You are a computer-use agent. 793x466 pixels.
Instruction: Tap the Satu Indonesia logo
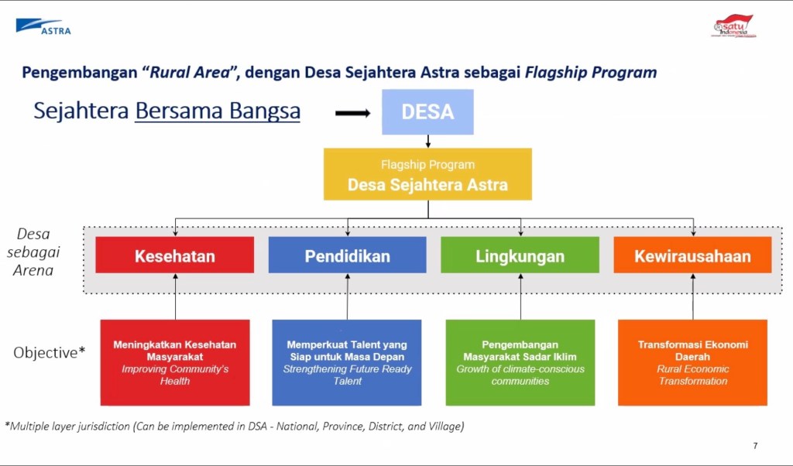tap(733, 26)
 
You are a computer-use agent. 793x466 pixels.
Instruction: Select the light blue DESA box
tap(427, 112)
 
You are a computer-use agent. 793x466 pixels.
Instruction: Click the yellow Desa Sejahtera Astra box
tap(427, 175)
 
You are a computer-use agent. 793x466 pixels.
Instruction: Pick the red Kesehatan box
tap(174, 255)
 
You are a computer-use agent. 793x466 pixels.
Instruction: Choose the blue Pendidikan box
tap(347, 255)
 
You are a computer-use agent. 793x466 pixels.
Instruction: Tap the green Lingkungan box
tap(520, 255)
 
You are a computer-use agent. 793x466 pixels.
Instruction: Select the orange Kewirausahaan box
tap(692, 255)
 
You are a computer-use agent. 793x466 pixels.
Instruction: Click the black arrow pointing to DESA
tap(352, 113)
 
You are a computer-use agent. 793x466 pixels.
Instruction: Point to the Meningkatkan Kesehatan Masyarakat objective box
tap(175, 362)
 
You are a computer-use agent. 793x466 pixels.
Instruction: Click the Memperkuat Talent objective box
tap(347, 362)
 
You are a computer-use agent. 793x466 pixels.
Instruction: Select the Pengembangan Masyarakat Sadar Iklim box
tap(520, 362)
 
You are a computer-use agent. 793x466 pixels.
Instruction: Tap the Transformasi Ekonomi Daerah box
tap(692, 362)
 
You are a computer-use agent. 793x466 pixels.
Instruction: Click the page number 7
tap(755, 446)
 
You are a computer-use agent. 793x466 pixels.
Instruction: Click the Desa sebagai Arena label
tap(33, 252)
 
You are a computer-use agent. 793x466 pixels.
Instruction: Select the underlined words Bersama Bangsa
tap(218, 111)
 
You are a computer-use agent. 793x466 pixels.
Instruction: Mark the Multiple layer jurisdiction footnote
tap(234, 427)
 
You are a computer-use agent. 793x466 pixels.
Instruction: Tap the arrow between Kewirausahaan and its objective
tap(693, 296)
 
